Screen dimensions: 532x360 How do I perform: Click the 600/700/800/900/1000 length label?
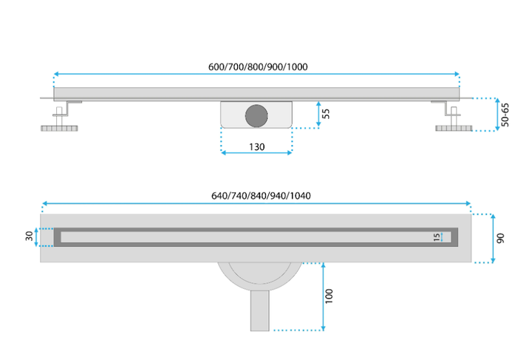pos(258,67)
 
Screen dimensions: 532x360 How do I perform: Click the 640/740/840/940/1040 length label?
pos(261,196)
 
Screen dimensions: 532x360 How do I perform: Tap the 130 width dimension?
pos(257,147)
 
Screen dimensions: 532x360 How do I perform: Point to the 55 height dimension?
pos(326,114)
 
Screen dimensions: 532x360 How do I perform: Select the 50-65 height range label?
pos(505,115)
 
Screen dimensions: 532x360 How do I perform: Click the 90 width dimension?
pos(500,238)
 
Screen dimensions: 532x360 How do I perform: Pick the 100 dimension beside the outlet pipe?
pos(329,296)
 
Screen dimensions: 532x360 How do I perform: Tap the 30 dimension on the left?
pos(29,236)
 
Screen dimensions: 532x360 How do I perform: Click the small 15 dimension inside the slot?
pos(437,237)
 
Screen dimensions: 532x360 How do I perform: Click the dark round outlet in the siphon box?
pos(256,116)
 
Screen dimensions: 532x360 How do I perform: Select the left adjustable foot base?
pos(59,129)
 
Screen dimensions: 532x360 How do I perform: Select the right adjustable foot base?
pos(454,128)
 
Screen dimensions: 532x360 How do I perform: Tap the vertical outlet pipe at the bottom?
pos(260,310)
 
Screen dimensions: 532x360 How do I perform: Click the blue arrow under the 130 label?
pos(256,153)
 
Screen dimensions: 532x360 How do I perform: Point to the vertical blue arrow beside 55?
pos(318,114)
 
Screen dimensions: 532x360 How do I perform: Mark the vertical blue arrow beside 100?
pos(324,296)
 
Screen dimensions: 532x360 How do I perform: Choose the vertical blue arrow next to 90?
pos(493,239)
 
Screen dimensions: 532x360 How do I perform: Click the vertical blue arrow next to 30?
pos(36,237)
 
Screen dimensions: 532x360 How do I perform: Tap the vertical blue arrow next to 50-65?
pos(497,115)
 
